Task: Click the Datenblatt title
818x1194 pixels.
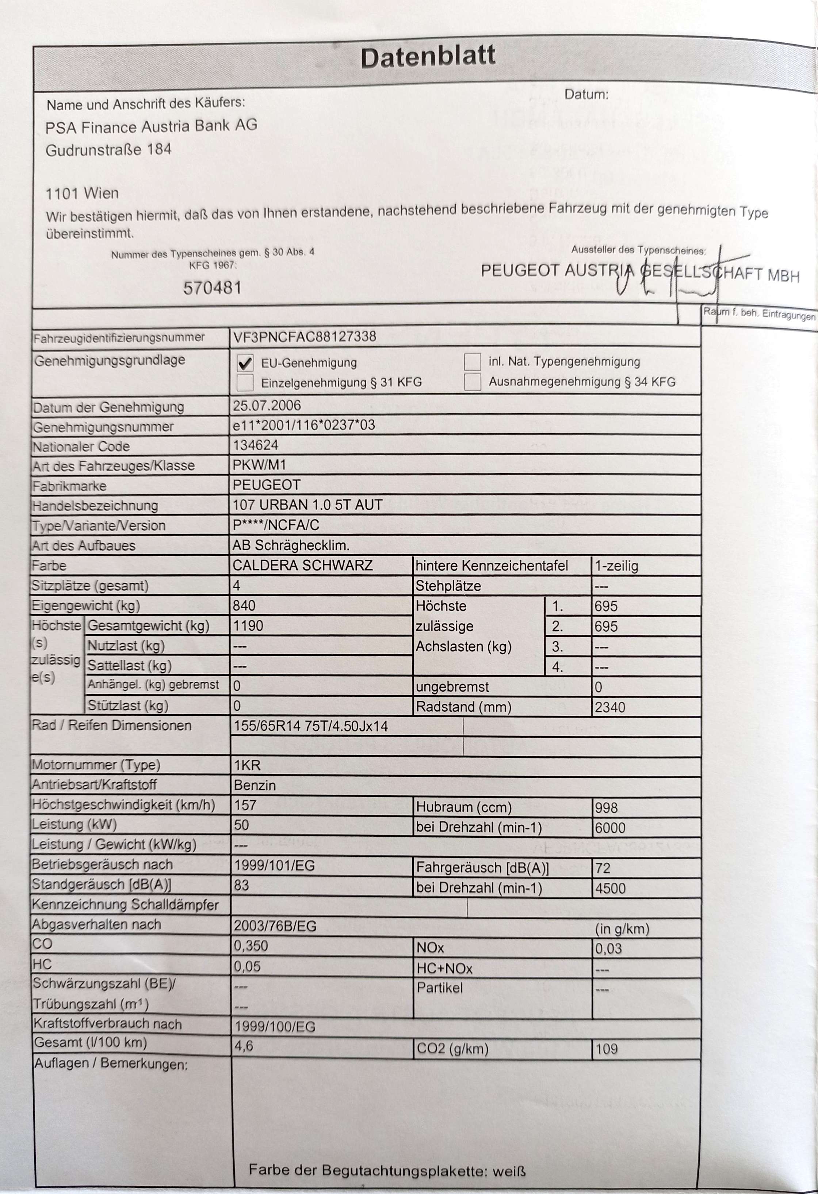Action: pyautogui.click(x=428, y=57)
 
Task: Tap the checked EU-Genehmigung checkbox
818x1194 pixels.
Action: pyautogui.click(x=245, y=363)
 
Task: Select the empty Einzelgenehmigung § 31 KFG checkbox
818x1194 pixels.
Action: pyautogui.click(x=245, y=383)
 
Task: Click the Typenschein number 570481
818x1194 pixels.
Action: pyautogui.click(x=212, y=288)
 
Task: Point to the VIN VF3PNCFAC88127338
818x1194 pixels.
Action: pyautogui.click(x=305, y=336)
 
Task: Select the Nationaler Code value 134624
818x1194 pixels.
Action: pyautogui.click(x=255, y=445)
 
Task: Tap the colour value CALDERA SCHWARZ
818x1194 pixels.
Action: pyautogui.click(x=302, y=565)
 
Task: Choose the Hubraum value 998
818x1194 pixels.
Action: pyautogui.click(x=606, y=808)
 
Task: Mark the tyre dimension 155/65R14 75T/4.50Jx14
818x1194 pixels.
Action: pyautogui.click(x=310, y=726)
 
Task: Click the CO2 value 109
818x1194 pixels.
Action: pyautogui.click(x=607, y=1049)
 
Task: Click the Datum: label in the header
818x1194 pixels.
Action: pyautogui.click(x=586, y=95)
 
